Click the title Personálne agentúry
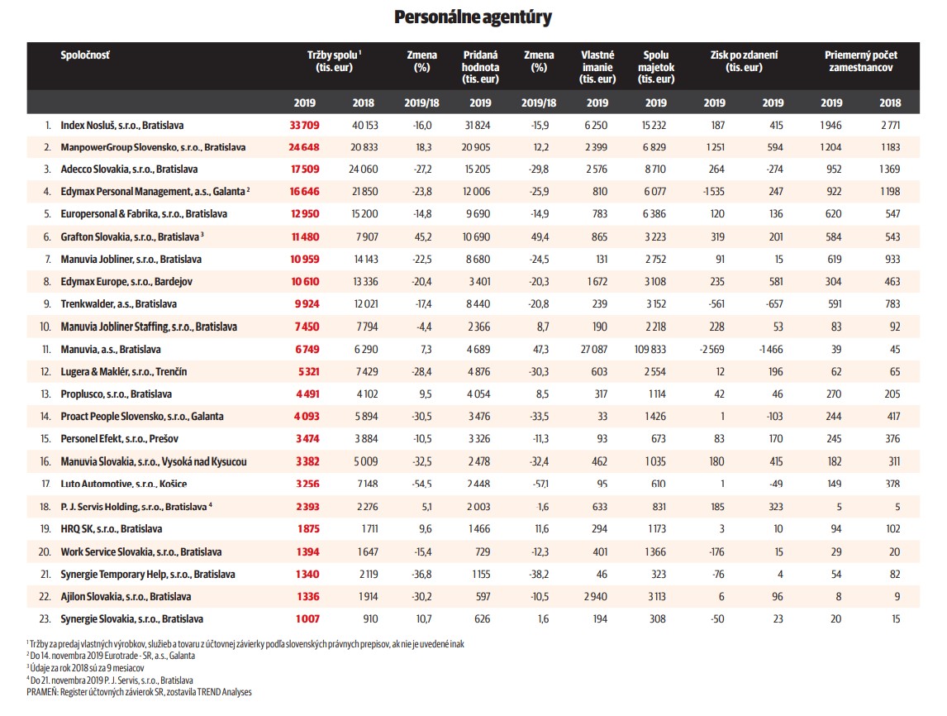[473, 17]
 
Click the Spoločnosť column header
[85, 55]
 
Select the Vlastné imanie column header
[597, 67]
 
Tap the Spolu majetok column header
[656, 67]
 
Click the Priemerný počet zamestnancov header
[860, 61]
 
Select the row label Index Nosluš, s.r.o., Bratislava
[121, 126]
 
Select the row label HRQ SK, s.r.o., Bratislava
[111, 529]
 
